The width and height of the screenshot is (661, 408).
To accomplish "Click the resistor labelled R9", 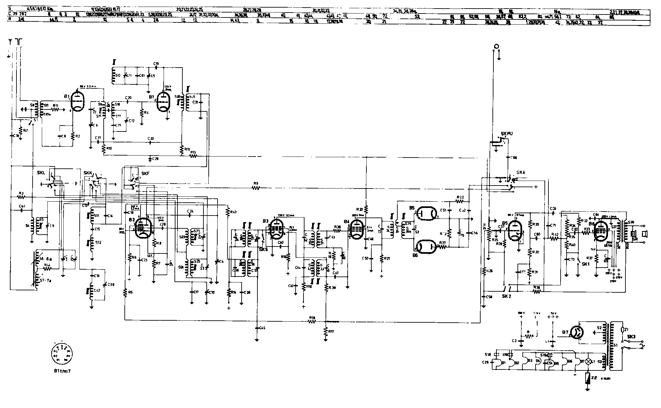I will tap(256, 188).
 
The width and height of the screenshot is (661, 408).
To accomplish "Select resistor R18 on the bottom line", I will tap(311, 322).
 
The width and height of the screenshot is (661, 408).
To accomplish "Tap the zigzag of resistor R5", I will tap(125, 293).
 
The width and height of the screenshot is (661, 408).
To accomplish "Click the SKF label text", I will tap(145, 173).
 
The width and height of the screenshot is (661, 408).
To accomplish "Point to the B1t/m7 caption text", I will tap(63, 371).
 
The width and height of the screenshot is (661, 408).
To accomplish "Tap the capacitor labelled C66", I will tap(508, 158).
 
